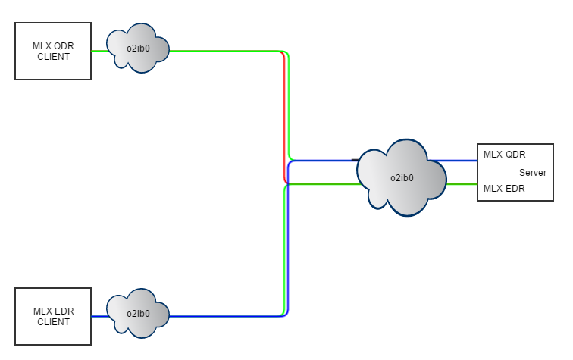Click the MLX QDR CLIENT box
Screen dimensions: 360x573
coord(53,51)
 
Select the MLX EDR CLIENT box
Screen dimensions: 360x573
coord(53,316)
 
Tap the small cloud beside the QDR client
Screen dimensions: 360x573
coord(137,51)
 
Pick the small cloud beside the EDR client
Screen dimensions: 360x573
coord(137,312)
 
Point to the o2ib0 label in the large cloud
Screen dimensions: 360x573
coord(402,179)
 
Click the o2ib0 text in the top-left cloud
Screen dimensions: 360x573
coord(138,50)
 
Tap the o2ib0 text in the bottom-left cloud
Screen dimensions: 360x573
coord(138,313)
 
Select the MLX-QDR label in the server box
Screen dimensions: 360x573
coord(505,155)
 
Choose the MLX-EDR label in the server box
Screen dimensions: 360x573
coord(505,188)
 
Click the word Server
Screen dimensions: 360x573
coord(532,173)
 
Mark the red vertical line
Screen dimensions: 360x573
coord(284,114)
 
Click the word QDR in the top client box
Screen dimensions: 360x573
coord(64,45)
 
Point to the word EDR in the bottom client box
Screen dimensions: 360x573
coord(64,311)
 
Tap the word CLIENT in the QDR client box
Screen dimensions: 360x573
coord(53,56)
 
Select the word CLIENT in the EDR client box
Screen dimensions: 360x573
coord(53,321)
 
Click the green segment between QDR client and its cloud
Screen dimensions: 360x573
coord(99,51)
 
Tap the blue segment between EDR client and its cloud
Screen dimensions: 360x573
coord(99,316)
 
